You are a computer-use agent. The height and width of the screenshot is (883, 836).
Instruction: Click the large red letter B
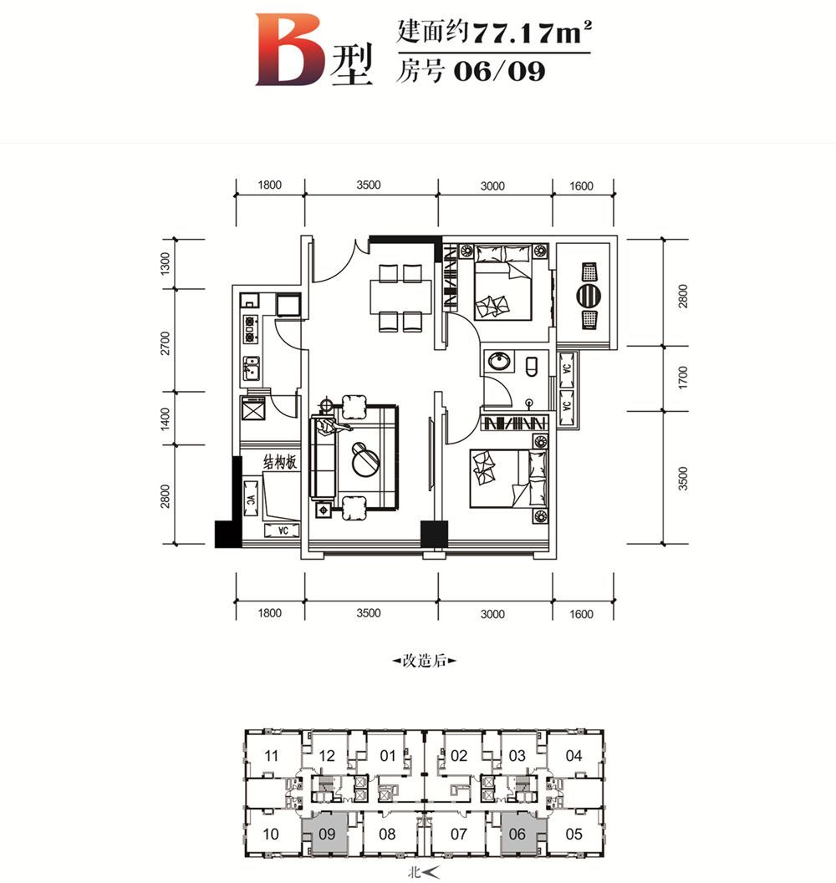point(290,49)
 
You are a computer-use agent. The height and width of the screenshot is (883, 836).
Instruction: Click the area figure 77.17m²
point(533,32)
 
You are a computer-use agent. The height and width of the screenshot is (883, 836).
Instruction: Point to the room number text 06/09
point(499,72)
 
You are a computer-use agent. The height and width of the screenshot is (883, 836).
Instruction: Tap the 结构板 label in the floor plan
point(279,462)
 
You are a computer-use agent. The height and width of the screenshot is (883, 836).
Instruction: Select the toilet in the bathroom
point(532,367)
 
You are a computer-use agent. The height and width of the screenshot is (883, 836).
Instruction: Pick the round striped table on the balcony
point(589,295)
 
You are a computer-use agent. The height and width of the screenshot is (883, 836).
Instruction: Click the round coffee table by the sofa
point(366,459)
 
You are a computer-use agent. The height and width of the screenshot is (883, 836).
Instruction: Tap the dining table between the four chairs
point(400,297)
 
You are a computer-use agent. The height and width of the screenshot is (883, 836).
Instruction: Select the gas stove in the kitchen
point(250,329)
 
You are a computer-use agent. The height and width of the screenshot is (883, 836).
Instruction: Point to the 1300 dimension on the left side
point(166,263)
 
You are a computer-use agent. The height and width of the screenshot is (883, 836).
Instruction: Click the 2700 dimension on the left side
point(166,343)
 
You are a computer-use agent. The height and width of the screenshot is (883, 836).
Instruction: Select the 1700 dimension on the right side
point(683,378)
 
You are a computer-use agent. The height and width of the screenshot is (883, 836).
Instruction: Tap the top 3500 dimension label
point(369,185)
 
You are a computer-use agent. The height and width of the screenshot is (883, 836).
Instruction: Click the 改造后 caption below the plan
point(424,661)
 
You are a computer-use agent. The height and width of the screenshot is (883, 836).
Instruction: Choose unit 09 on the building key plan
point(327,834)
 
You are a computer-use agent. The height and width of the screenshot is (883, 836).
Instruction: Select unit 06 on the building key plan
point(517,834)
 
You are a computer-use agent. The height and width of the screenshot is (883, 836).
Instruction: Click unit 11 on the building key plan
point(271,755)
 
